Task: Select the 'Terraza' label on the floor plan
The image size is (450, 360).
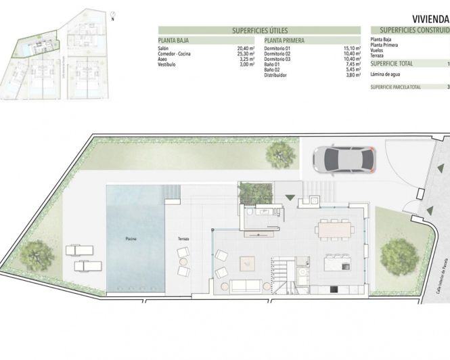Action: click(184, 238)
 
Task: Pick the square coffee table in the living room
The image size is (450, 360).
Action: click(246, 259)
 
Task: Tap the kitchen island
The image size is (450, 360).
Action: click(336, 262)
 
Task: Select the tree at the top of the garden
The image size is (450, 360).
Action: click(280, 154)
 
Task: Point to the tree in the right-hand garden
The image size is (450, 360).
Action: click(398, 255)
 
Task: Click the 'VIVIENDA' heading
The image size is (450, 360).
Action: click(430, 20)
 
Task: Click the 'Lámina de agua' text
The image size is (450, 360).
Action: click(386, 76)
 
